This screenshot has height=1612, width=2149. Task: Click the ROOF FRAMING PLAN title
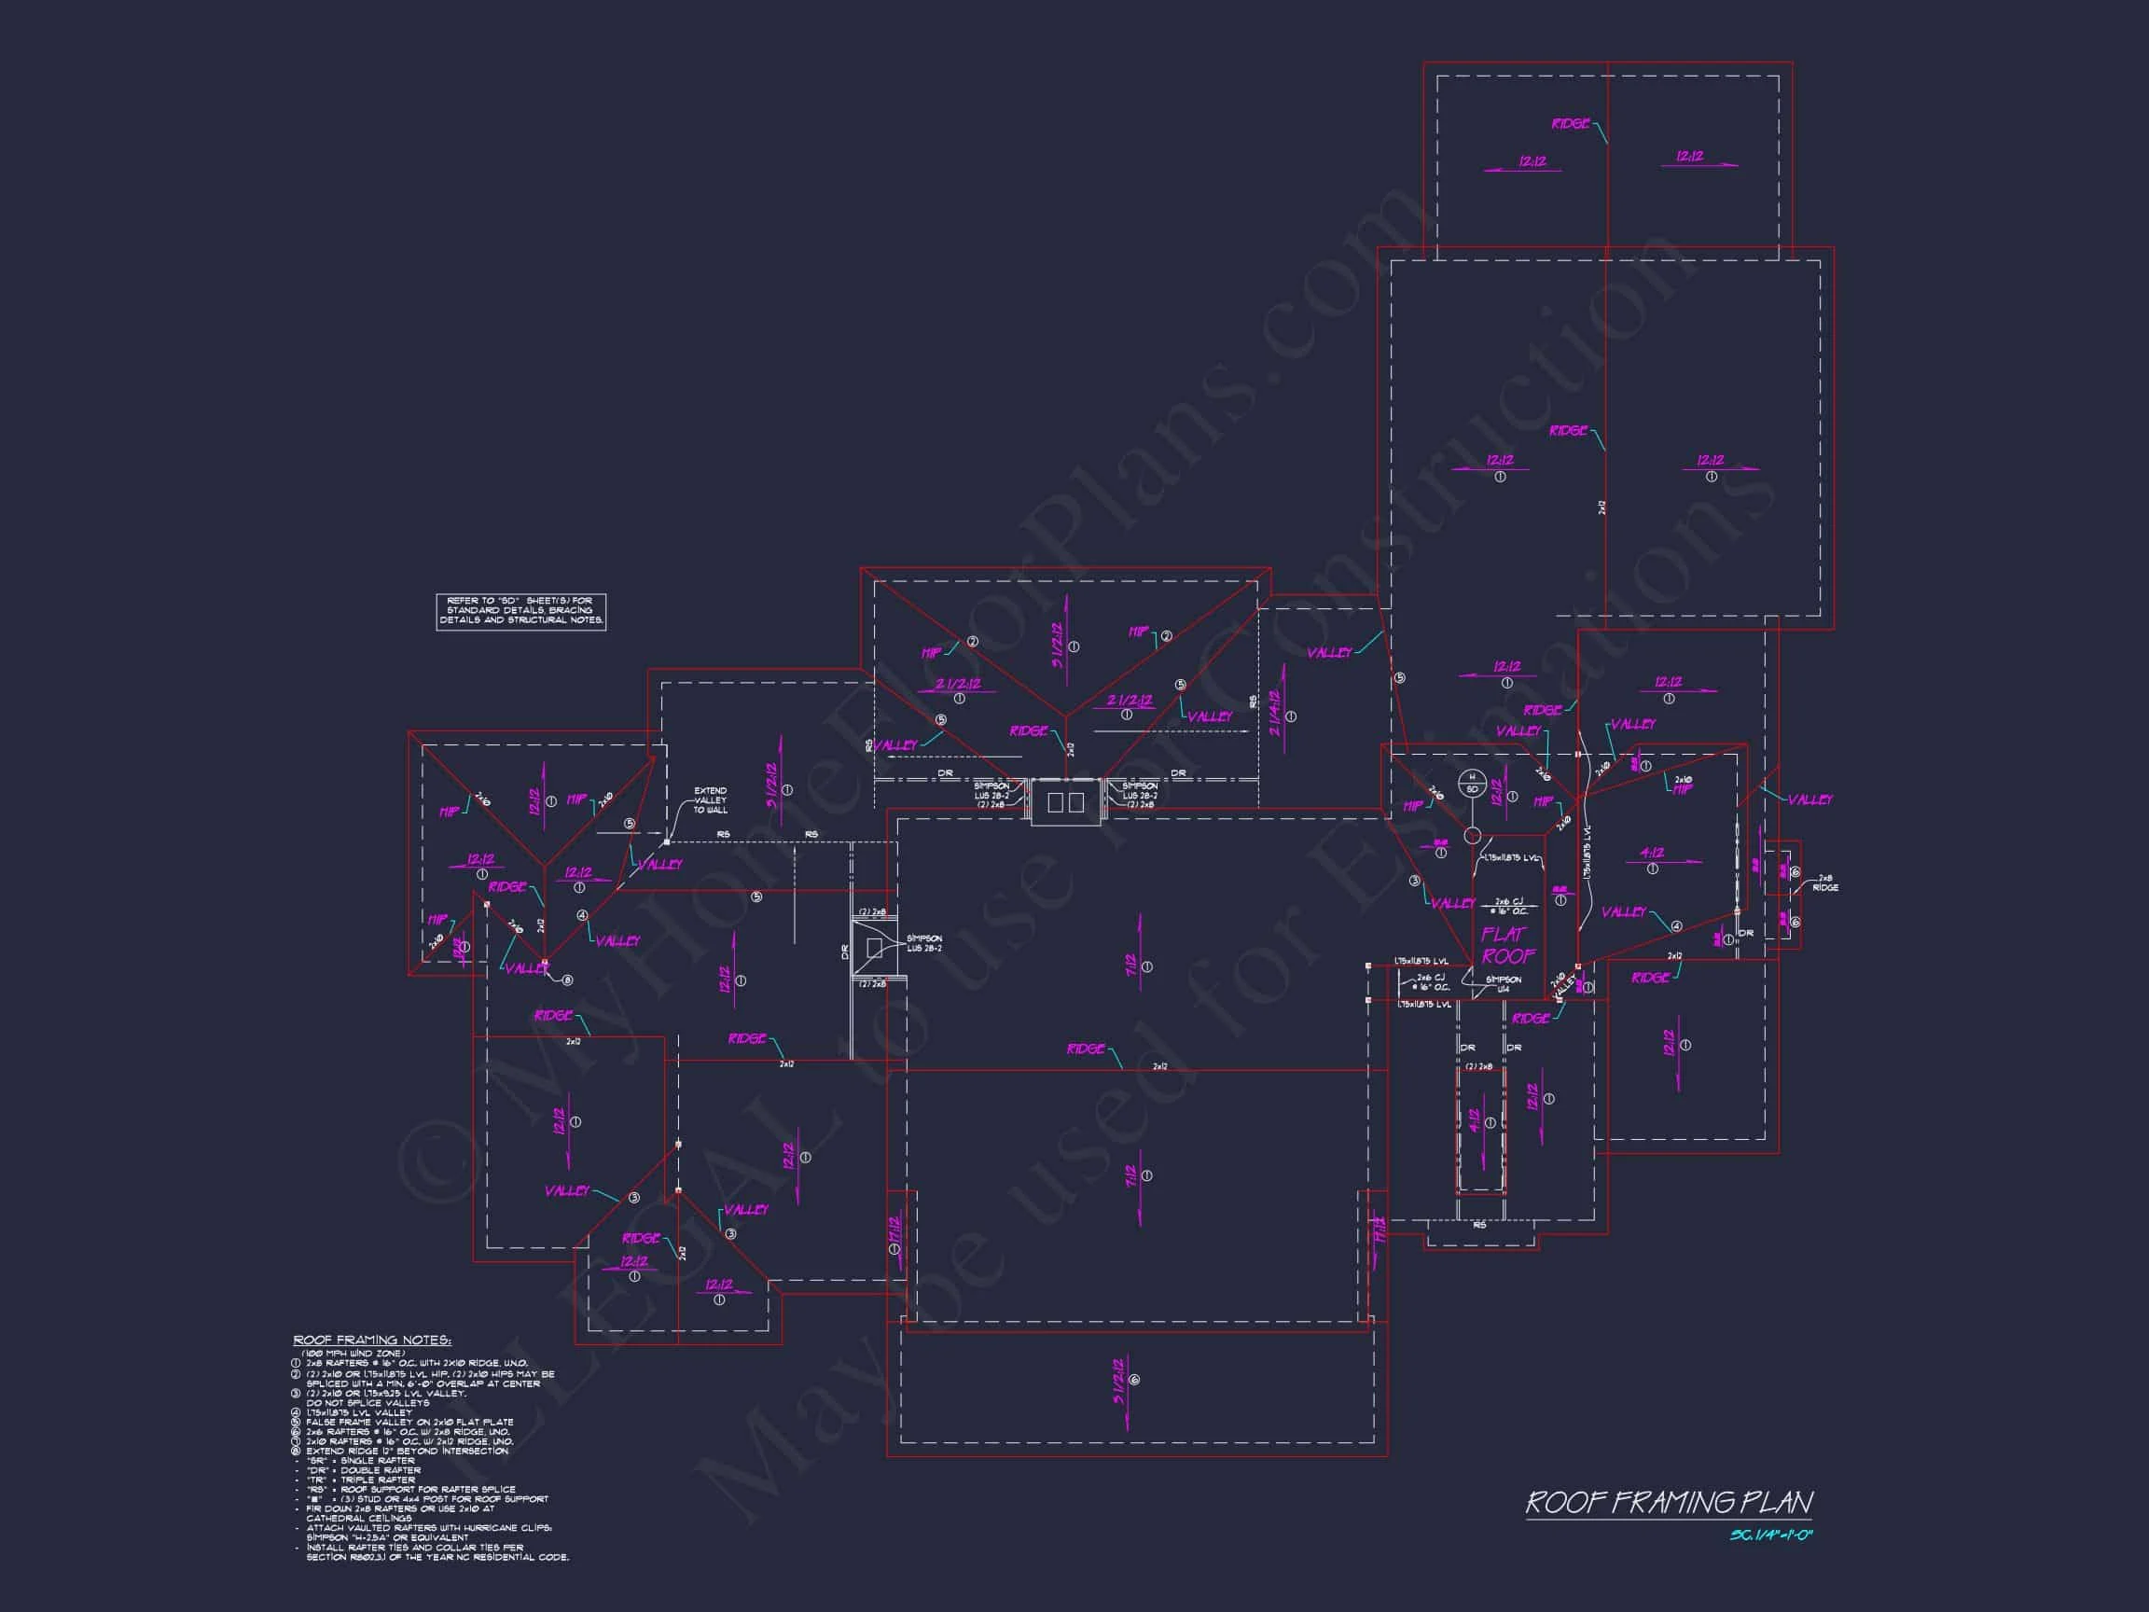coord(1668,1502)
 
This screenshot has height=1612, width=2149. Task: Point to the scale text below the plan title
coord(1771,1536)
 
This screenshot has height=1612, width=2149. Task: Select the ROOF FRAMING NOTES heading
coord(372,1341)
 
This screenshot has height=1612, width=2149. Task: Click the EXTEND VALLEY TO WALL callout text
coord(710,799)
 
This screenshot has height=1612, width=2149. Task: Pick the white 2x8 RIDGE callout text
coord(1824,882)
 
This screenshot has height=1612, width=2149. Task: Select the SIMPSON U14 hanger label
coord(1503,983)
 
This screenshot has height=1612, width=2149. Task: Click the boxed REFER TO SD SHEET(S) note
coord(520,610)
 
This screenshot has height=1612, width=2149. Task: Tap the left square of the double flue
coord(1056,802)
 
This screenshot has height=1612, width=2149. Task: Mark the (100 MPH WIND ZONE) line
coord(353,1353)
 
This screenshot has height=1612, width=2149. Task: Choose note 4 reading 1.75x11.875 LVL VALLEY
coord(358,1411)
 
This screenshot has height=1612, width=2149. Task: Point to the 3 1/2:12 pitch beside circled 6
coord(1120,1380)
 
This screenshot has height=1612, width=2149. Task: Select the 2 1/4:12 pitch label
coord(1277,715)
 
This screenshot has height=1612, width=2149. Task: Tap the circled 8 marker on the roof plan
coord(567,980)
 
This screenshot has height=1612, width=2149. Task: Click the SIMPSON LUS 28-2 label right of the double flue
coord(1140,795)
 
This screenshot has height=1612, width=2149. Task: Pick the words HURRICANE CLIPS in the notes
coord(515,1527)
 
